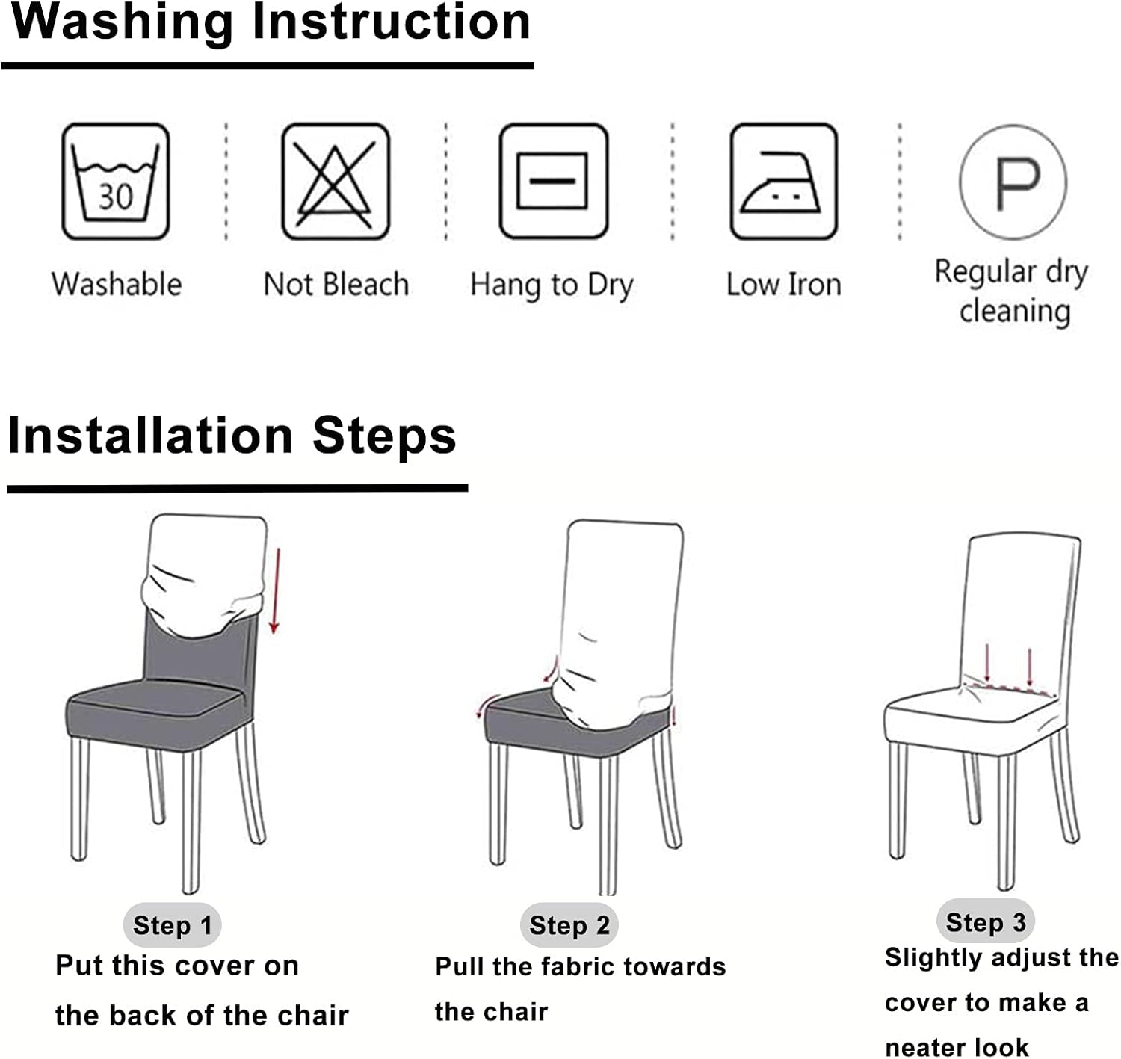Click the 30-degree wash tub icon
click(115, 182)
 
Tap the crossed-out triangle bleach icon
click(335, 182)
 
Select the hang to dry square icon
click(553, 182)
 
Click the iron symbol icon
click(782, 182)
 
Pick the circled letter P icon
click(1013, 182)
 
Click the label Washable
click(117, 285)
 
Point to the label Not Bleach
click(336, 285)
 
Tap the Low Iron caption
click(783, 285)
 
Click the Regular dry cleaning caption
click(1013, 291)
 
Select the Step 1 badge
click(172, 924)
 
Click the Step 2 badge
click(569, 925)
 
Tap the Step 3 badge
click(985, 921)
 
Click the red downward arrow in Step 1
click(275, 590)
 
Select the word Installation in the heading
click(150, 436)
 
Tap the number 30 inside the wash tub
click(115, 197)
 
